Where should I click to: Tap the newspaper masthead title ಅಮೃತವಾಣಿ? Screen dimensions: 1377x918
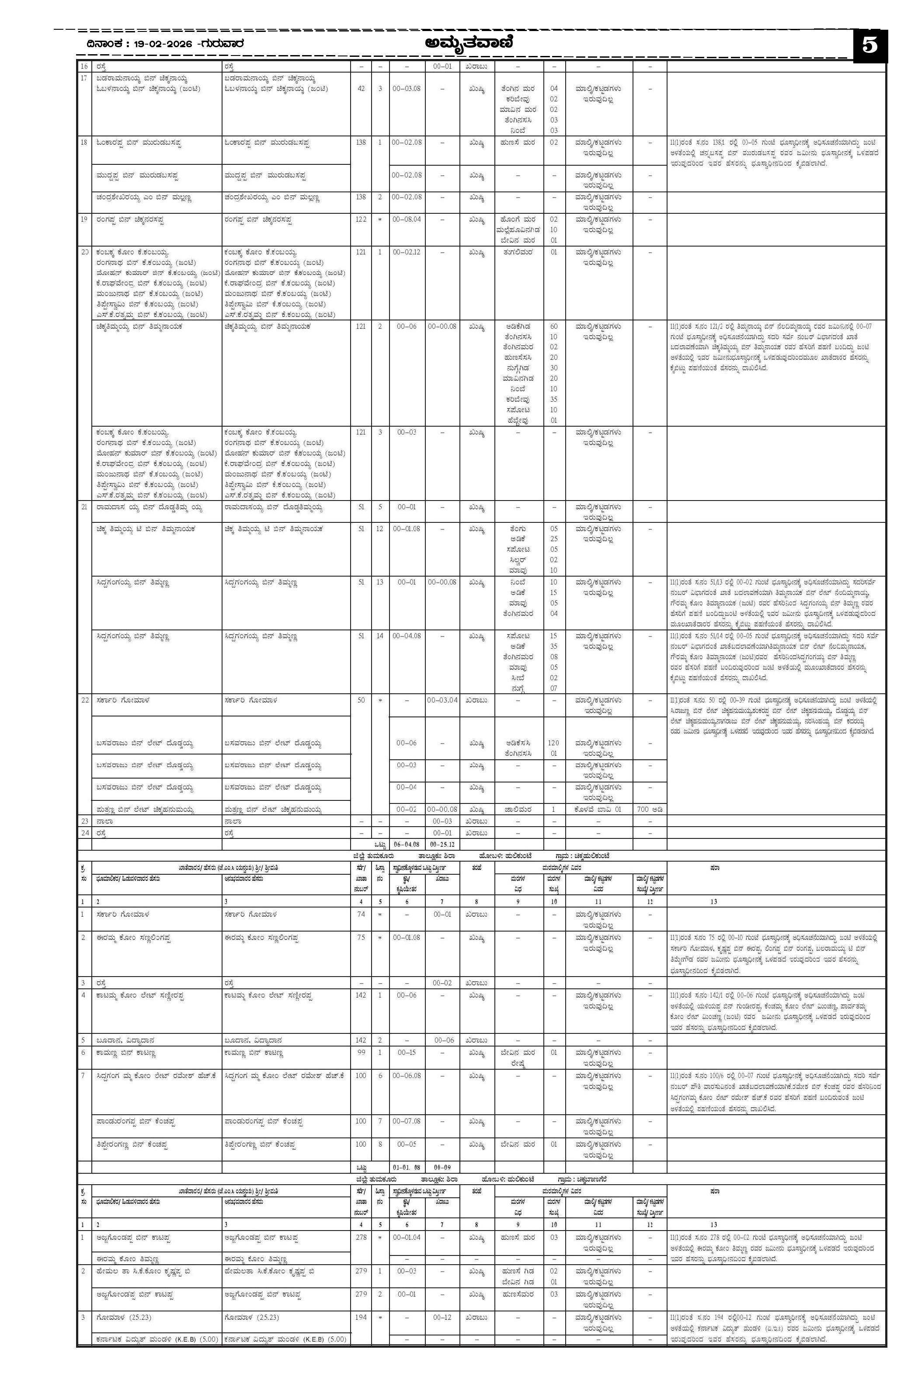click(470, 43)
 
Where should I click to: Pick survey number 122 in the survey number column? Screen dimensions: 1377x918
click(361, 219)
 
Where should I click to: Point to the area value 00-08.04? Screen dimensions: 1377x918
click(407, 219)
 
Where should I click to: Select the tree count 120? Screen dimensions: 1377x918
click(553, 743)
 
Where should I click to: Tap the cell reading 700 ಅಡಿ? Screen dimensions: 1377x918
click(650, 809)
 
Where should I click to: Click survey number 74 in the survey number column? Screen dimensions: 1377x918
click(361, 915)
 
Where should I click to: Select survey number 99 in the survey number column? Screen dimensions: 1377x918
click(361, 1053)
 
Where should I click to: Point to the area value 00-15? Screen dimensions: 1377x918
click(407, 1053)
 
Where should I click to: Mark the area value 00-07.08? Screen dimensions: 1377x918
click(407, 1121)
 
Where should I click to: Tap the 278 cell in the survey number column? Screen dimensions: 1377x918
click(361, 1238)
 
